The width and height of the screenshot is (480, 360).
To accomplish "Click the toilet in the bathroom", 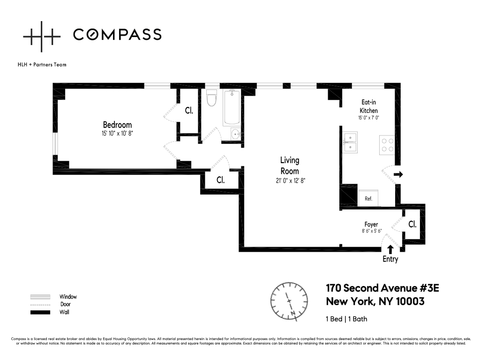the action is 211,97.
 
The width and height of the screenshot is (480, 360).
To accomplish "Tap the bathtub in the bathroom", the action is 231,107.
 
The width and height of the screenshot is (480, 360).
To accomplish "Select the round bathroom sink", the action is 235,134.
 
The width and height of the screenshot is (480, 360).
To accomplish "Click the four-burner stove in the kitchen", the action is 387,145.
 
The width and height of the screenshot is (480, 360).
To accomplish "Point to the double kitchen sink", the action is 350,142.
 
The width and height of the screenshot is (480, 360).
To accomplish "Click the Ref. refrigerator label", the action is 368,199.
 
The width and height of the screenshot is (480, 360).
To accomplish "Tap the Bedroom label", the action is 117,125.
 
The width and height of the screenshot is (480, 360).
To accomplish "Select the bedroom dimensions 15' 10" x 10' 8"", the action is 117,134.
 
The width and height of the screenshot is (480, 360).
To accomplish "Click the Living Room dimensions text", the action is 291,180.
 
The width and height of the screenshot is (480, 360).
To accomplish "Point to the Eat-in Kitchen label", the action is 368,106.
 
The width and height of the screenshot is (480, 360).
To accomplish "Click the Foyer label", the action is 371,225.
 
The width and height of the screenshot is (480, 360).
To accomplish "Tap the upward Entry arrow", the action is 390,249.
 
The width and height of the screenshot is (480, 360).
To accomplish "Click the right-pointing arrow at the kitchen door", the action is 398,174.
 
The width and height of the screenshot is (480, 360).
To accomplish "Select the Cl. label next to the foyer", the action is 412,225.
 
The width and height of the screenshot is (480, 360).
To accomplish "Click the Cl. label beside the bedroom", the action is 189,111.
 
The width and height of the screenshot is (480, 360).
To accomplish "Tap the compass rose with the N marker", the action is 289,301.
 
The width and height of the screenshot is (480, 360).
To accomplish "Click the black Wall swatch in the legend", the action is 40,313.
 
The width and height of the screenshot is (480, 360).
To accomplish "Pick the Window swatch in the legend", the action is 40,297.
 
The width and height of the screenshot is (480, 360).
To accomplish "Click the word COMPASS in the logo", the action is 117,34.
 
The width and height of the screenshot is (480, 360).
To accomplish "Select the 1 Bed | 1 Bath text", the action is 346,319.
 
